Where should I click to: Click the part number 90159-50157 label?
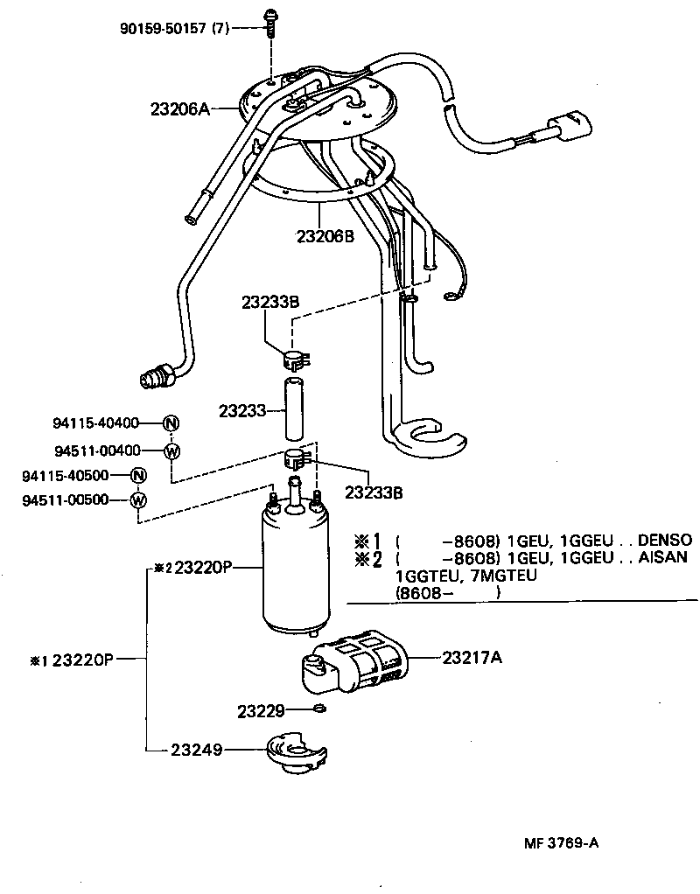coord(175,29)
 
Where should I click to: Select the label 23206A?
coord(180,109)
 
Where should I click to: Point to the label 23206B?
coord(325,235)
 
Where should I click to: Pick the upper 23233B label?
coord(270,302)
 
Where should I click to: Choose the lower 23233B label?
coord(374,492)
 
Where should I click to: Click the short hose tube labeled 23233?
coord(295,409)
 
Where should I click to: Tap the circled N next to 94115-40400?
coord(171,423)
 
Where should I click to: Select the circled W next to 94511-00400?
coord(171,450)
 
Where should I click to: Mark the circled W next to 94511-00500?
coord(137,500)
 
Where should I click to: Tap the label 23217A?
coord(472,657)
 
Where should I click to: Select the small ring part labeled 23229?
coord(320,708)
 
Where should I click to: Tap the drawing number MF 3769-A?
coord(561,843)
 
